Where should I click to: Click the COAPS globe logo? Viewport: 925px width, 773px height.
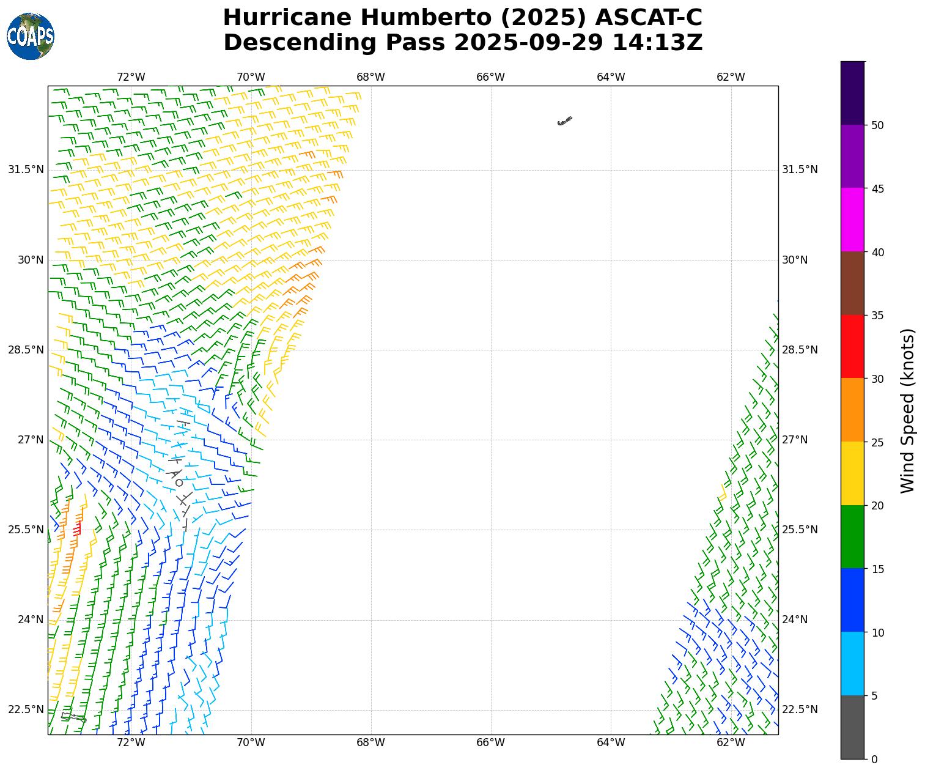31,37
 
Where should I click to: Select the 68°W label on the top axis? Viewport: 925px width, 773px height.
370,77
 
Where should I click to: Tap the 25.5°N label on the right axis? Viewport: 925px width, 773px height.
800,530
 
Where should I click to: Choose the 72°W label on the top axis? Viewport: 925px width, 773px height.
131,77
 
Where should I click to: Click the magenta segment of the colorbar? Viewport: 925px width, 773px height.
852,220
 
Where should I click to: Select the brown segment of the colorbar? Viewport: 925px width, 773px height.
852,283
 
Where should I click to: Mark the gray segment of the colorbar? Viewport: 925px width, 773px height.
852,727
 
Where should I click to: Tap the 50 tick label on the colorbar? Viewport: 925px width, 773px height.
878,125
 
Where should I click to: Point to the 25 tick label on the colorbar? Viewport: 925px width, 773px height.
878,442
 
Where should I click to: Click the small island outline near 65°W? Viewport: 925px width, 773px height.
564,121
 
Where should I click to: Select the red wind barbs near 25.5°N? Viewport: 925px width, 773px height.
77,528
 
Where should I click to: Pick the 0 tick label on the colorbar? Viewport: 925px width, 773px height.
874,760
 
